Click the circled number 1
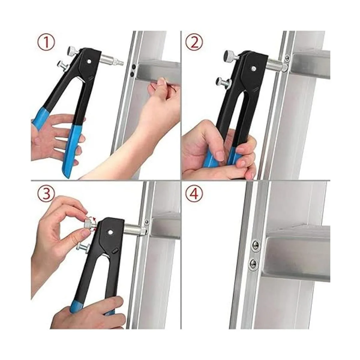(x=46, y=42)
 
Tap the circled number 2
(x=194, y=43)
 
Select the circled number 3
(x=46, y=193)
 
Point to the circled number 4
(x=194, y=193)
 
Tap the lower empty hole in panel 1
(x=132, y=74)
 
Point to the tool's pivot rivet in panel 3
(x=110, y=232)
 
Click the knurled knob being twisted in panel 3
(x=89, y=224)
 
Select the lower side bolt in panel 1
(x=62, y=65)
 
